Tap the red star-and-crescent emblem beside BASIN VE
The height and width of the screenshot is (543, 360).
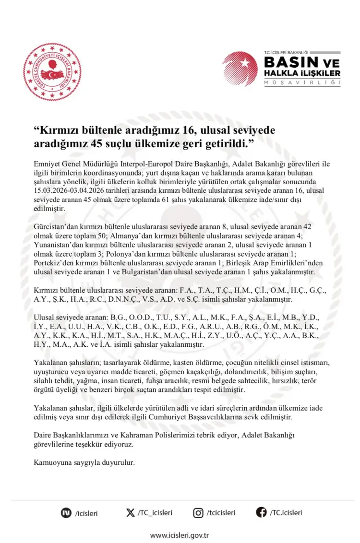pyautogui.click(x=240, y=69)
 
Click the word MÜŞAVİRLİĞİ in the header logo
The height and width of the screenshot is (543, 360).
pyautogui.click(x=302, y=83)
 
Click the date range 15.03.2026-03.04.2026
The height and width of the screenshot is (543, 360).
pyautogui.click(x=65, y=190)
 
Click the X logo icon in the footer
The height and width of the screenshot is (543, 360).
pyautogui.click(x=130, y=513)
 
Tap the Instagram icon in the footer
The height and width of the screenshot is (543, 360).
pyautogui.click(x=198, y=513)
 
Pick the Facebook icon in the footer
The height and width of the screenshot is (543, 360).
pyautogui.click(x=261, y=513)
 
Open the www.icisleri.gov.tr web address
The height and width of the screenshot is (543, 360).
pyautogui.click(x=180, y=535)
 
